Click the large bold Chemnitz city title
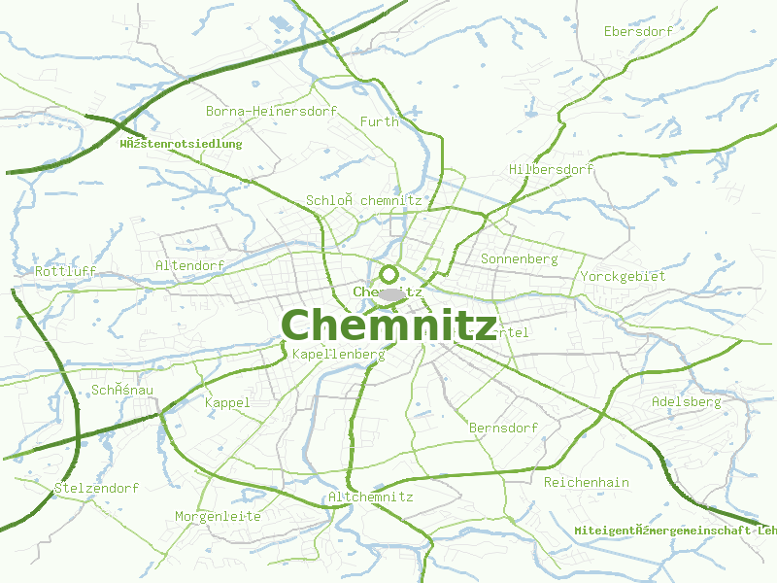388,326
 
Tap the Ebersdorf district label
638,32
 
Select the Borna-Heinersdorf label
271,112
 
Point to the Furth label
379,121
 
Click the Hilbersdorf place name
551,170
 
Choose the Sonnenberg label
519,259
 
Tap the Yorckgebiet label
623,277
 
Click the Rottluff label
66,271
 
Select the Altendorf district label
189,265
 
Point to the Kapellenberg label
338,355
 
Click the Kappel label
227,402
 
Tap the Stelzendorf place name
96,488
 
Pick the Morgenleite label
218,516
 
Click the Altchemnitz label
371,497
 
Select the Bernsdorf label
503,428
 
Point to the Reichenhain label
587,482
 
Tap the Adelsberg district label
686,401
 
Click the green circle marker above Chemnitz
388,274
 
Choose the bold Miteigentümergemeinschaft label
675,531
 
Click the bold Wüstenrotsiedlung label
180,144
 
